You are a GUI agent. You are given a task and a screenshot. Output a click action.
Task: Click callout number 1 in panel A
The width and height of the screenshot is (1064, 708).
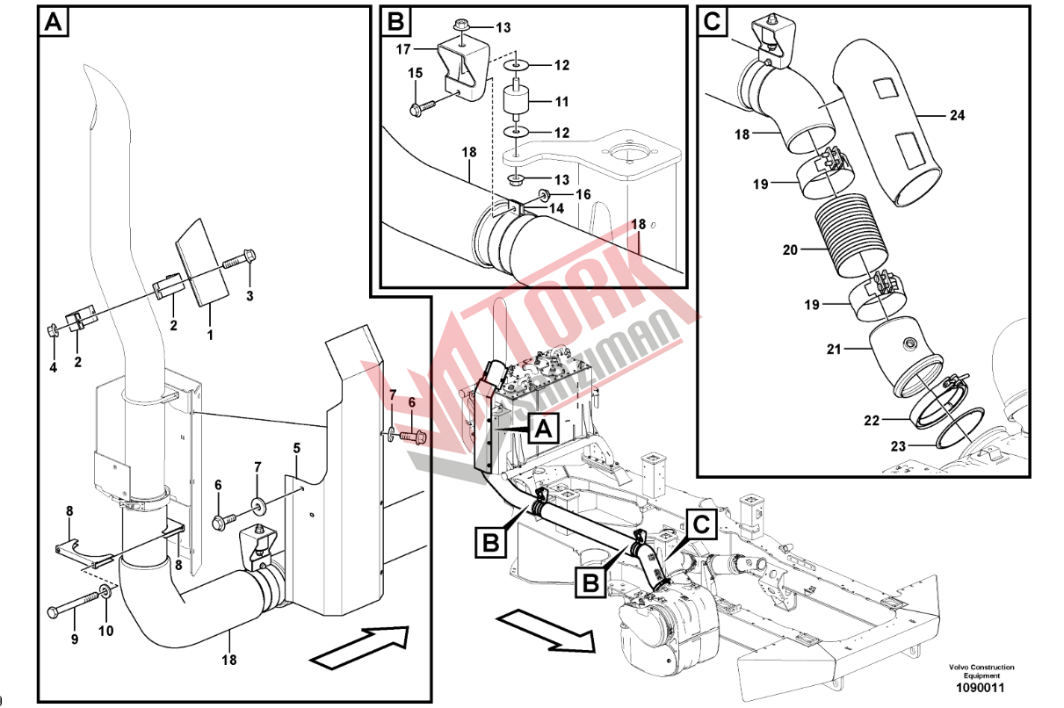click(209, 335)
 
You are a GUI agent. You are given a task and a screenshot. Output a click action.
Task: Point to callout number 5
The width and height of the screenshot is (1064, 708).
click(297, 449)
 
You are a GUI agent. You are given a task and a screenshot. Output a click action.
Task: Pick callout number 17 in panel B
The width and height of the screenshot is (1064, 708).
click(404, 49)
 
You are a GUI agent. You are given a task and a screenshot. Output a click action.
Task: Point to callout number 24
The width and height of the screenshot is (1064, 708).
click(957, 114)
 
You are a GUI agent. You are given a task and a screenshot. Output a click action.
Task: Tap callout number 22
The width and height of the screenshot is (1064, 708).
click(871, 421)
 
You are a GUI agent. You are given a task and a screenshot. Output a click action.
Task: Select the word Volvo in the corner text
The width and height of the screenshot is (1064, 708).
click(962, 668)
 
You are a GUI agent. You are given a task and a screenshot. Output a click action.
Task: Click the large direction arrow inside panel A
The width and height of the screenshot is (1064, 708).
click(360, 646)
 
